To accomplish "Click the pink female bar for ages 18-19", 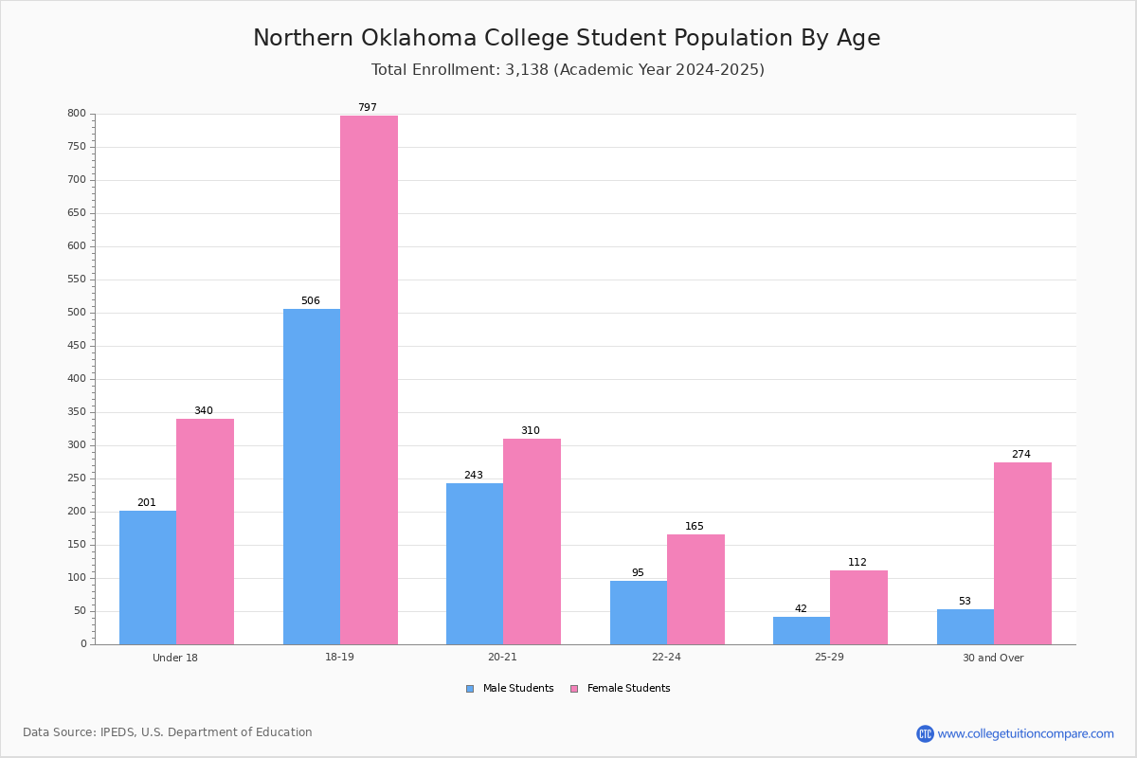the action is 369,380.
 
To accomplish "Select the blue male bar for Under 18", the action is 148,578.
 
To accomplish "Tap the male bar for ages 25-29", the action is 802,631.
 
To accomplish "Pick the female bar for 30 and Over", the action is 1022,553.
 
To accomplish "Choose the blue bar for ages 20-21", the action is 475,564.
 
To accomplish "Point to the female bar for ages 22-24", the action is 695,589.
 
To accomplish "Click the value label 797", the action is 368,107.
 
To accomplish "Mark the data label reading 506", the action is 311,300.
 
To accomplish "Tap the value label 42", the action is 801,608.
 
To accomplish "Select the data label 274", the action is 1021,454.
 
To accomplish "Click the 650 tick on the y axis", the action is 77,213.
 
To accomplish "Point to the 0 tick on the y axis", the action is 83,643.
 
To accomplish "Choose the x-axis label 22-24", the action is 666,657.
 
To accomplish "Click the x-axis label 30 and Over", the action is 993,658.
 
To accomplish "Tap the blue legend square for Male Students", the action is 470,689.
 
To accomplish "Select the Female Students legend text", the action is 628,688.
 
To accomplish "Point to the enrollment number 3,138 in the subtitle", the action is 527,69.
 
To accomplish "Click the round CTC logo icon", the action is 925,733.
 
